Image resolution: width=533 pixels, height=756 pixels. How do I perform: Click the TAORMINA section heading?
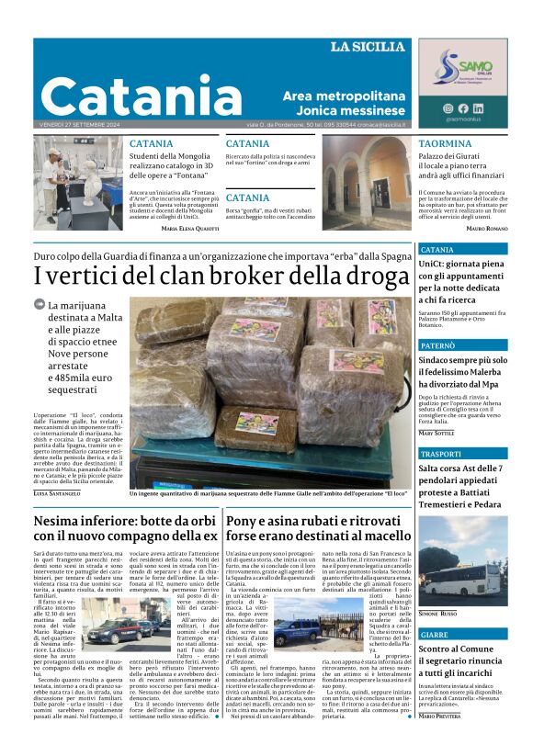click(445, 144)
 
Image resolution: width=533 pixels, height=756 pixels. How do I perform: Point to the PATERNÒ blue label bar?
click(462, 345)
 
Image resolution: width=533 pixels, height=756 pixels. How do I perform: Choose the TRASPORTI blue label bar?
click(462, 454)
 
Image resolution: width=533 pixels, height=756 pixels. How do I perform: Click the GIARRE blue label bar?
click(462, 636)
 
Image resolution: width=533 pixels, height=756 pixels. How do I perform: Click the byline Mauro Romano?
click(486, 227)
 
